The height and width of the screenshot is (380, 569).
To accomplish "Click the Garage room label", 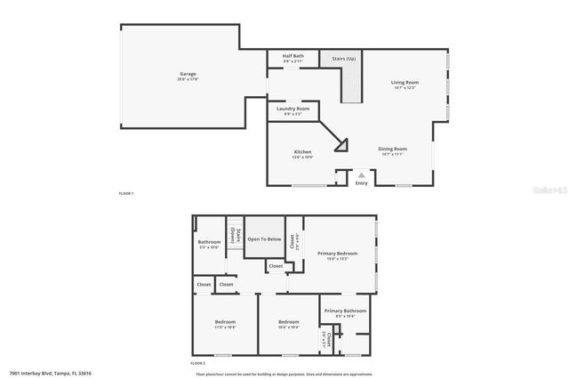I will point(188,74).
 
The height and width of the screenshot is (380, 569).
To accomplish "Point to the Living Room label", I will point(405,83).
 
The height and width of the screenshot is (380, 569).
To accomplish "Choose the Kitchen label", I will point(303,152).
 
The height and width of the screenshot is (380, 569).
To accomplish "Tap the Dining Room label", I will point(393,149).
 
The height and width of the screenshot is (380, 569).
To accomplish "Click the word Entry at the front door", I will point(361,183).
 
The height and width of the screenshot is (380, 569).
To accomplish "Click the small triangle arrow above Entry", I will point(361,175).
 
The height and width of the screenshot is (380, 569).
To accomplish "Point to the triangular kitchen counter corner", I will point(338,141).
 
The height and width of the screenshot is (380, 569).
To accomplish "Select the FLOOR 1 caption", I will point(127,193).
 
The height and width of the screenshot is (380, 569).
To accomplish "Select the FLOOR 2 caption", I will point(198,364).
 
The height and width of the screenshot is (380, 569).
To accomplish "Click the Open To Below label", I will point(264,239).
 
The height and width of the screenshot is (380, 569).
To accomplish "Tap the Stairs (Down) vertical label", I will point(234,236).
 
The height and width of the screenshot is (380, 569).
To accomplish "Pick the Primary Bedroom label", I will point(338,254).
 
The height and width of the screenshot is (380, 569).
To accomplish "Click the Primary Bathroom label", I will point(345,311).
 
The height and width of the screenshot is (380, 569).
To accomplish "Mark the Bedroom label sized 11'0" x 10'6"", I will point(225,321).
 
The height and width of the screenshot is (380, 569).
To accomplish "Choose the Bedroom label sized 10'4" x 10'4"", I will point(288,321).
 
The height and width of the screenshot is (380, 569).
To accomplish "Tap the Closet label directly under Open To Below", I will point(276,265).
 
